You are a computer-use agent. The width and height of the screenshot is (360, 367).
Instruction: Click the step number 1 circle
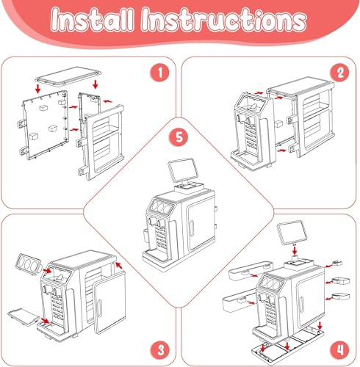point(159,73)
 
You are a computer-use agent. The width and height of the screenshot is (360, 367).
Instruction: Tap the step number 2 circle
point(340,73)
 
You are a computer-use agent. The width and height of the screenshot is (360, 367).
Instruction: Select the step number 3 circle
point(160,349)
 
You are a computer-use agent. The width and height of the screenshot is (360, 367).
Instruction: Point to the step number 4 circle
point(340,349)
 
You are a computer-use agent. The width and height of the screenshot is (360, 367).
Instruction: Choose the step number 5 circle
point(179,137)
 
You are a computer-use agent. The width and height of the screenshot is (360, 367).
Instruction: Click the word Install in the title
point(93,20)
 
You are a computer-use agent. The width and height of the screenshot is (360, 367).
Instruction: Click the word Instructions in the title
point(224,20)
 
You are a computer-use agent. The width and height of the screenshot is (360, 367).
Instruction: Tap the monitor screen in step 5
point(182,170)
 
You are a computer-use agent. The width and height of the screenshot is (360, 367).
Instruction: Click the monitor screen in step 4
point(292,232)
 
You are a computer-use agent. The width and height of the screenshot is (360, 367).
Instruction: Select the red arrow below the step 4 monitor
point(295,250)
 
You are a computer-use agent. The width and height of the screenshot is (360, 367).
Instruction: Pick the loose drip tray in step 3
point(24,317)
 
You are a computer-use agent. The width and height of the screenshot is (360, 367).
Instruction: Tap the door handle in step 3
point(99,309)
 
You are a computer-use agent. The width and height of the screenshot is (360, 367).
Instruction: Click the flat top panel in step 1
point(68,76)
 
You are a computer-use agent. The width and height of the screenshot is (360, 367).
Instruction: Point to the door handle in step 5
point(192,228)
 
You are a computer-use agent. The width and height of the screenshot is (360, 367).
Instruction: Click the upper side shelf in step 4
point(251,271)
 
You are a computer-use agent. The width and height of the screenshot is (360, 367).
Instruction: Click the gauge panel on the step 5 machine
point(161,207)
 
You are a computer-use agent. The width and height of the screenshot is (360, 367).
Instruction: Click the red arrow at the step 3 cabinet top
point(118,265)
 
